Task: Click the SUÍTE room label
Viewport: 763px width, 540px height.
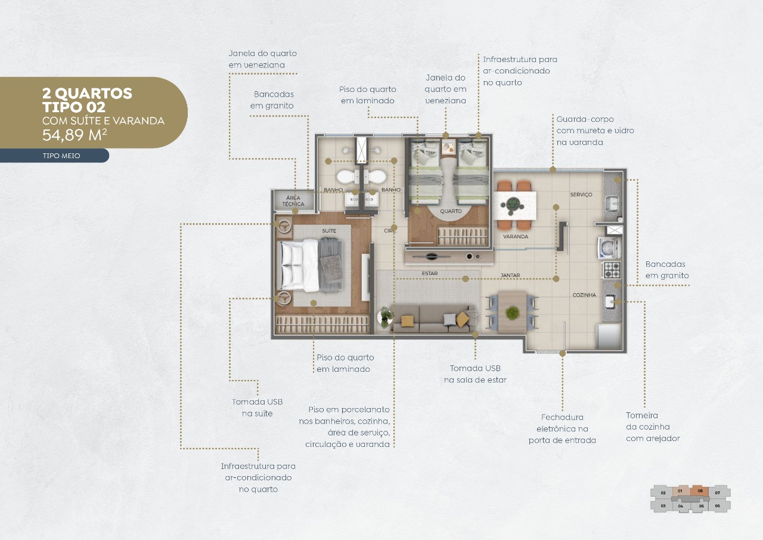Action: pos(329,231)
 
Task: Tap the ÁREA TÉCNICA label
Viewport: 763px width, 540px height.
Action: pos(293,201)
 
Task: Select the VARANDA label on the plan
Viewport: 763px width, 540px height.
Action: pos(516,236)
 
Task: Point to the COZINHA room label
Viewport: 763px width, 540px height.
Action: pos(584,295)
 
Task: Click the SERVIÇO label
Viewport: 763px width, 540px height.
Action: pos(581,195)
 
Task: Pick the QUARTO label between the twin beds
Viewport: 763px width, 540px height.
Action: pos(451,211)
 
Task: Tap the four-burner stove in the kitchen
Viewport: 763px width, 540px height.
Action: pos(612,270)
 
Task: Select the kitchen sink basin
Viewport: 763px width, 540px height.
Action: pos(610,301)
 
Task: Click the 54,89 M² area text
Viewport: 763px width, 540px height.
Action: pos(75,135)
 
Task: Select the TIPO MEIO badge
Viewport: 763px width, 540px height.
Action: pos(61,156)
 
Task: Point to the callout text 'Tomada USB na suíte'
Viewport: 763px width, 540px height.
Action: pos(258,408)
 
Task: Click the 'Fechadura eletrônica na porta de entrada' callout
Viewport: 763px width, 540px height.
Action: pos(562,428)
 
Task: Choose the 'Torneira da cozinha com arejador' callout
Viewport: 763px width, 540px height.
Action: pos(653,427)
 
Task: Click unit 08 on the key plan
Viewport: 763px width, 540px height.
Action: pos(700,491)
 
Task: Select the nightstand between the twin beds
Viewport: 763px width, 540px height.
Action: pos(449,147)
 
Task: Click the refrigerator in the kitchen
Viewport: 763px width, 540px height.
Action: pos(609,336)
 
